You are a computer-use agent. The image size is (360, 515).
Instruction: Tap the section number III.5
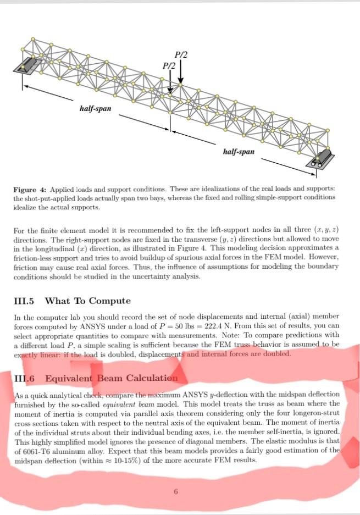click(x=23, y=301)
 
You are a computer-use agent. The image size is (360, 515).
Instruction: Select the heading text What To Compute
click(x=87, y=301)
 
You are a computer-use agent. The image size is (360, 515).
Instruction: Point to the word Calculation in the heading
click(x=152, y=378)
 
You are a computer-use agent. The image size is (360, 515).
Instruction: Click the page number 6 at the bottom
click(x=175, y=492)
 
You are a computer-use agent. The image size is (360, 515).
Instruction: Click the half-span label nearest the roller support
click(x=239, y=151)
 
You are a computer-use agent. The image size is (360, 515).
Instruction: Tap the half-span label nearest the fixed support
click(x=95, y=109)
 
